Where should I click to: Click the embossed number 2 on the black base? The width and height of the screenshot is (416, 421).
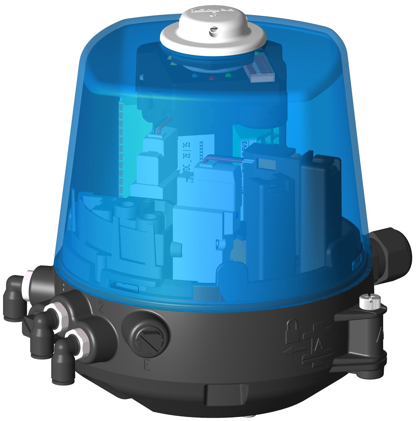(x=101, y=308)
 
